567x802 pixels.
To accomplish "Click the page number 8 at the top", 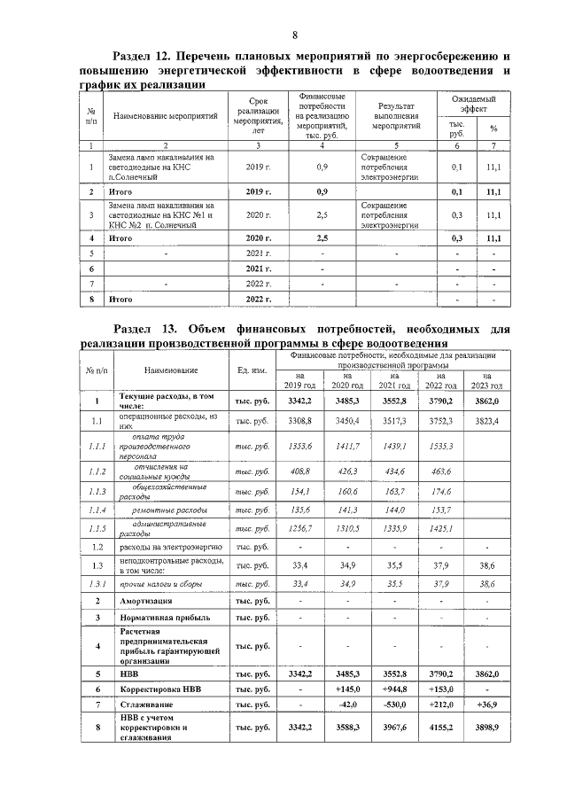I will click(x=283, y=34).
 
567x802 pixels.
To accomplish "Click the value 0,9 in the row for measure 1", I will click(x=322, y=167).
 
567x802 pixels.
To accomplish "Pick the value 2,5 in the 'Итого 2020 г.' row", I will click(x=322, y=238).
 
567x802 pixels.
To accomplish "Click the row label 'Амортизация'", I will click(x=147, y=601).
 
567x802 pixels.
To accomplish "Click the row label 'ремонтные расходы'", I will click(x=171, y=510).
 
